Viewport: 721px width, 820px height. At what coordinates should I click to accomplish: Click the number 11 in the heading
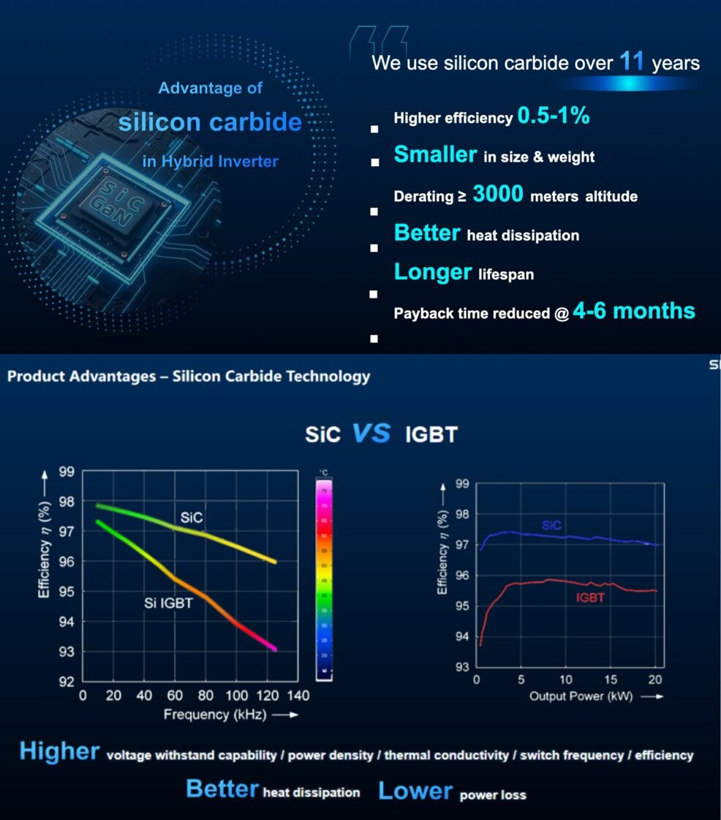click(x=632, y=61)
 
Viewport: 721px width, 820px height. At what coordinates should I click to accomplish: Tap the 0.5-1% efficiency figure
click(x=554, y=115)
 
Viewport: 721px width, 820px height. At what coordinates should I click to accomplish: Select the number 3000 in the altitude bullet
click(x=498, y=194)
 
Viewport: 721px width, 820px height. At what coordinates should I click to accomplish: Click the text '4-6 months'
click(x=634, y=311)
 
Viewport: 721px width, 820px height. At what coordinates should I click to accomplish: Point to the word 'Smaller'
click(x=435, y=154)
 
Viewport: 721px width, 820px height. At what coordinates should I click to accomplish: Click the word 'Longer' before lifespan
click(x=433, y=272)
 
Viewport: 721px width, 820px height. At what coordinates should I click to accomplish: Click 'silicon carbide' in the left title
click(x=210, y=121)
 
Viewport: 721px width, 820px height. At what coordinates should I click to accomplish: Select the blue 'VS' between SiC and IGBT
click(x=371, y=433)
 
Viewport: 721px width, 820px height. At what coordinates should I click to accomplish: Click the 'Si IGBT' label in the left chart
click(x=167, y=603)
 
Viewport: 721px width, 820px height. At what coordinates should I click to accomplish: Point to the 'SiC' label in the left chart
click(x=192, y=519)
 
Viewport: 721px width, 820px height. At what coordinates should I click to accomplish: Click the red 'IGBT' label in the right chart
click(x=590, y=598)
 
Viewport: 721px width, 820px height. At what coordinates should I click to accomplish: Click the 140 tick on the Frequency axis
click(x=298, y=695)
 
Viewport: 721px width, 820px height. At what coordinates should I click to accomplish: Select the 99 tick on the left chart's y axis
click(x=66, y=472)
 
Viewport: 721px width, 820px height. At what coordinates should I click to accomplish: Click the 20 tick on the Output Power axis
click(x=655, y=680)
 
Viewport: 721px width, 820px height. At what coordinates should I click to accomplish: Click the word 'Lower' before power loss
click(x=415, y=791)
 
